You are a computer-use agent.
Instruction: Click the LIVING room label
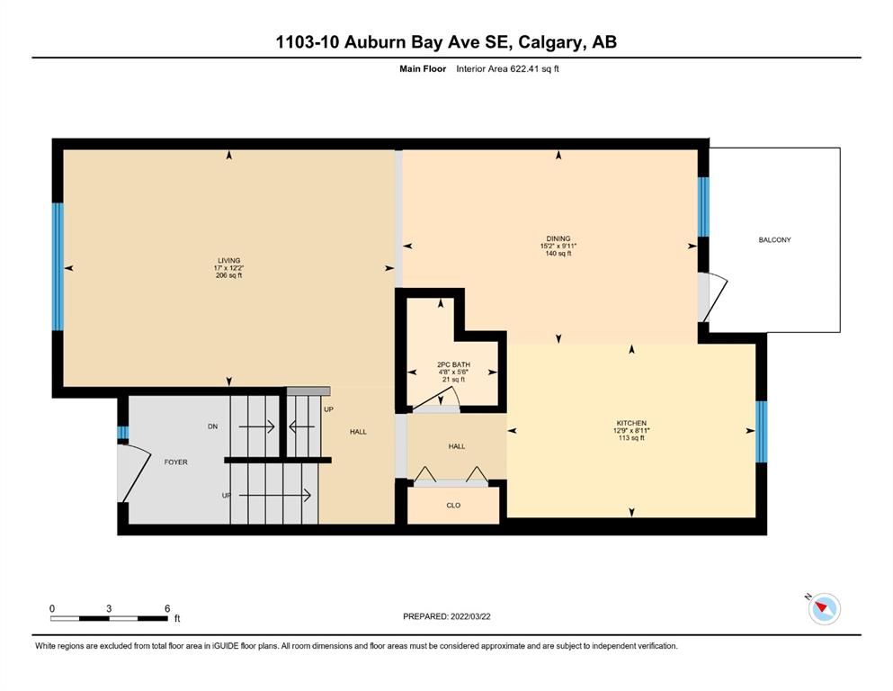(229, 260)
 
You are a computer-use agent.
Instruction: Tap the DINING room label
(558, 238)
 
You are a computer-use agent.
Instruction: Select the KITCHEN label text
(631, 423)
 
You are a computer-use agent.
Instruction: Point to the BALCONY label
(774, 240)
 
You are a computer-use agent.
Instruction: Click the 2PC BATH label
(454, 364)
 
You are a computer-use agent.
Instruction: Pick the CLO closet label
(453, 506)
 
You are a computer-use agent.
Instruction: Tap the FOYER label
(175, 462)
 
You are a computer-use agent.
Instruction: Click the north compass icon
(824, 608)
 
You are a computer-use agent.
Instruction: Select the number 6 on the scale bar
(167, 608)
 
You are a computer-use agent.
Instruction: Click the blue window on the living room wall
(58, 266)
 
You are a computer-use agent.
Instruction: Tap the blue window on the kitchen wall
(762, 432)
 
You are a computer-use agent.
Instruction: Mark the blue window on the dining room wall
(704, 207)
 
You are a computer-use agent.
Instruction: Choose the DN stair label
(212, 426)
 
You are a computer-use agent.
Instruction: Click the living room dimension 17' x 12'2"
(229, 268)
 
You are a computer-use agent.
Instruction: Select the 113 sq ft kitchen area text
(631, 438)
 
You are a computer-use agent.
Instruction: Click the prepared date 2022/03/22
(470, 616)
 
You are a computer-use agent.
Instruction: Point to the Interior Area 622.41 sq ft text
(507, 69)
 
